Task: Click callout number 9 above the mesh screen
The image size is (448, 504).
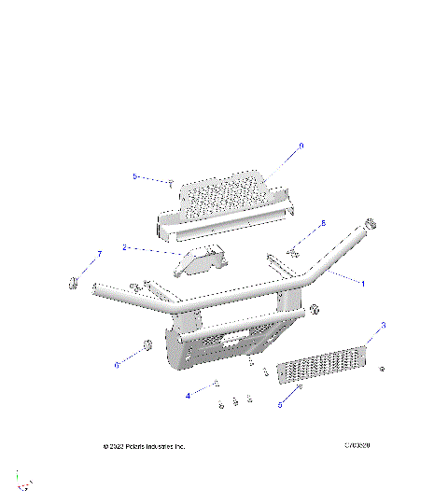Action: click(301, 146)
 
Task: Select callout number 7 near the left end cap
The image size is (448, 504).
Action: click(99, 254)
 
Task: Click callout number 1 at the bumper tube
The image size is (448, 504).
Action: click(363, 283)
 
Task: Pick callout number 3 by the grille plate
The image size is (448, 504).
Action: click(383, 326)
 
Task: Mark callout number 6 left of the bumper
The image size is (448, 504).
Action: click(117, 365)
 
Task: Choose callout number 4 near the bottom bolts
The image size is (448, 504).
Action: click(187, 396)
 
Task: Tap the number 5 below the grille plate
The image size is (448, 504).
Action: click(279, 405)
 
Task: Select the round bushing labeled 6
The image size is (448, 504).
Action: click(147, 348)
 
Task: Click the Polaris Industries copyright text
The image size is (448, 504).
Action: click(144, 446)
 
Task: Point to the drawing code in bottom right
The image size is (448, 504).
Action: click(357, 445)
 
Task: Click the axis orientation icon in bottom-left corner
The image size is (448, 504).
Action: click(24, 482)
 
